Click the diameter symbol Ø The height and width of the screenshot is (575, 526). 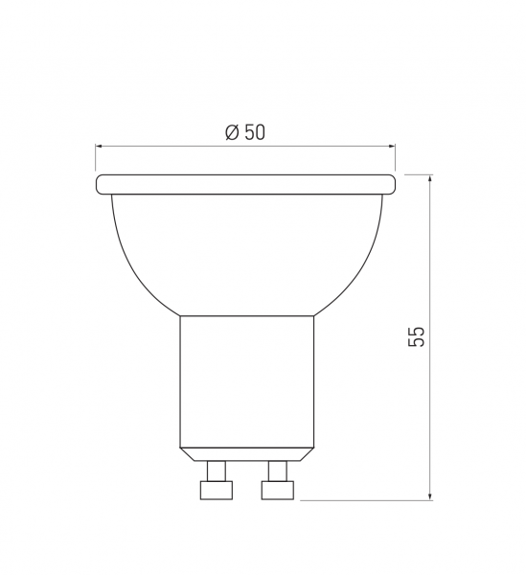[x=232, y=133]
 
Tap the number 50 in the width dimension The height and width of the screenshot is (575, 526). [x=254, y=133]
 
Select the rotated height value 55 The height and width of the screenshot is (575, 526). [x=416, y=336]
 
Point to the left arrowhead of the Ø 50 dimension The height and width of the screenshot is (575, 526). [x=100, y=147]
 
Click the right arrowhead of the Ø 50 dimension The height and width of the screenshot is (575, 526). [x=391, y=147]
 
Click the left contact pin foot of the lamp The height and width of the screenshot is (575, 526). [x=216, y=490]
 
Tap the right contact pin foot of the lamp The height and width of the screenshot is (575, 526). [x=278, y=490]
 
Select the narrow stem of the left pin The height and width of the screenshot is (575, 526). [x=217, y=470]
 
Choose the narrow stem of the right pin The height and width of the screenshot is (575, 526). [x=278, y=470]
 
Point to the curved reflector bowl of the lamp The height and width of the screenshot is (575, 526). [x=245, y=249]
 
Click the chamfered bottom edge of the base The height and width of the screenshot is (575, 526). [x=247, y=453]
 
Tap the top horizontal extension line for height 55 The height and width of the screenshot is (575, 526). [x=418, y=173]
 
